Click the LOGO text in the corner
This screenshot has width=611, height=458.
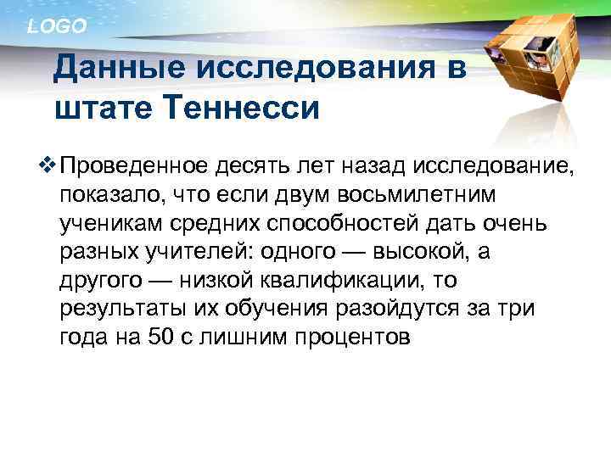[x=57, y=26]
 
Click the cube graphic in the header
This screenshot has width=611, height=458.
[x=530, y=59]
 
